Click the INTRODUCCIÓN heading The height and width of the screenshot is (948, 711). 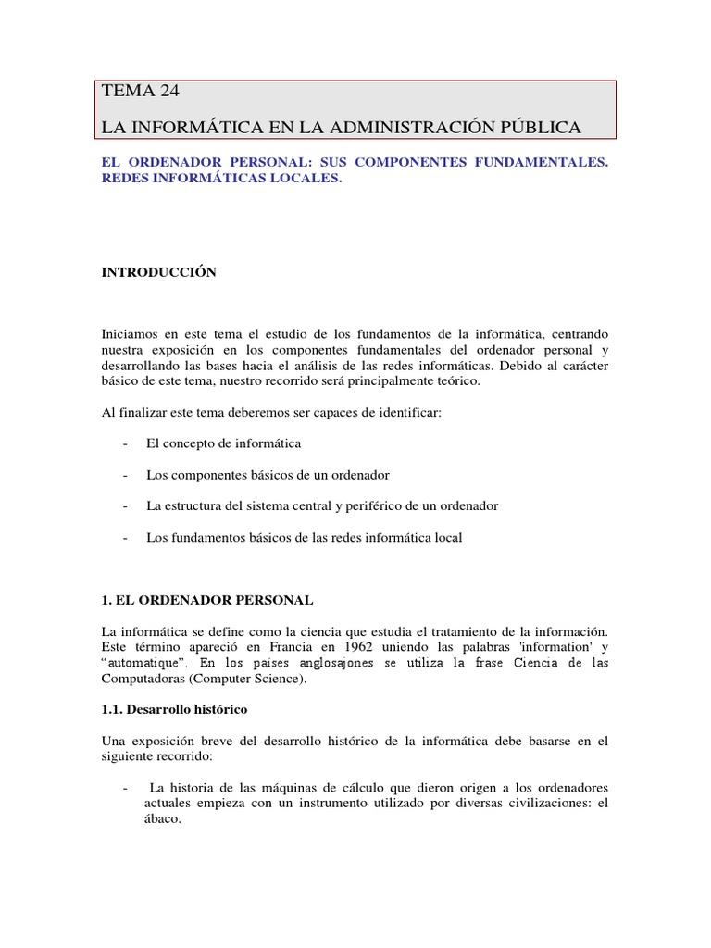pyautogui.click(x=158, y=272)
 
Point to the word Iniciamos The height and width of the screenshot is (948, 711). pyautogui.click(x=129, y=332)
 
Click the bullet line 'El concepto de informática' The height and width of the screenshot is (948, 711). pyautogui.click(x=223, y=443)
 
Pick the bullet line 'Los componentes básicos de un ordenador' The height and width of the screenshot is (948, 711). pyautogui.click(x=255, y=475)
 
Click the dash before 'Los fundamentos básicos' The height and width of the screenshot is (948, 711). pyautogui.click(x=124, y=538)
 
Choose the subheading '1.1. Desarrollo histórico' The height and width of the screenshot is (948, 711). pyautogui.click(x=174, y=709)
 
